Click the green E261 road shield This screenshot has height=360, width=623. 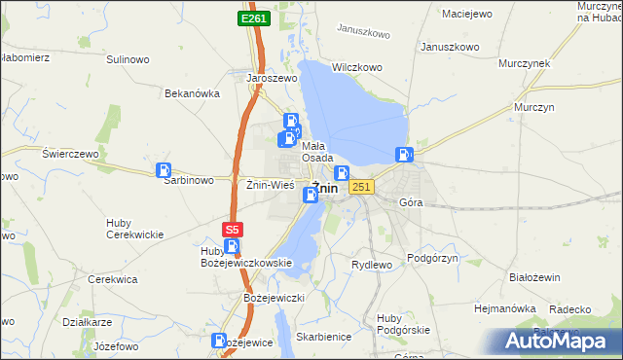[x=253, y=18]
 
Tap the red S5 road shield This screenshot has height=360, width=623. [x=231, y=230]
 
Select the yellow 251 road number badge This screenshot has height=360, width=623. [x=361, y=187]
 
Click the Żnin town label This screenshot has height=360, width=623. [x=325, y=188]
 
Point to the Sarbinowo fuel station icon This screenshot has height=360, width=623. [x=164, y=170]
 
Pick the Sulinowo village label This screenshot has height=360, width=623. [x=128, y=59]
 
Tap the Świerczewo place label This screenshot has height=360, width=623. [x=71, y=154]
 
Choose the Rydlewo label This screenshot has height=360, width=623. [x=371, y=265]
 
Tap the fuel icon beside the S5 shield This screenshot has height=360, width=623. [x=231, y=247]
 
